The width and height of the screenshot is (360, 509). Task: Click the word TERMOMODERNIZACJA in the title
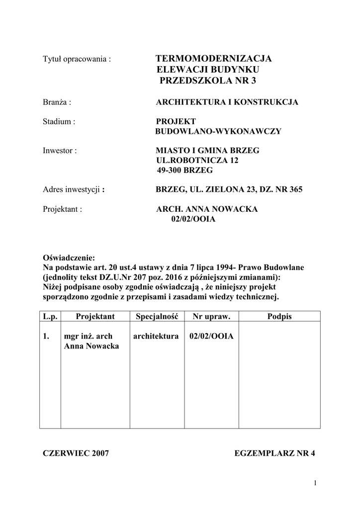click(x=214, y=59)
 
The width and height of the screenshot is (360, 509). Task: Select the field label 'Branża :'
click(x=58, y=102)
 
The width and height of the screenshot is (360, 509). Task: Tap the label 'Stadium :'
click(x=59, y=121)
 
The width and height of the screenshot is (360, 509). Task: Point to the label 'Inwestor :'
click(x=60, y=151)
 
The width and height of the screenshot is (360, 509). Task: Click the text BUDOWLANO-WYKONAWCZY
click(x=218, y=131)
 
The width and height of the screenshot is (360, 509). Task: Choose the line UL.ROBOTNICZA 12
click(x=197, y=161)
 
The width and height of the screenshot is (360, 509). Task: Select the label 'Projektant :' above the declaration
click(x=62, y=209)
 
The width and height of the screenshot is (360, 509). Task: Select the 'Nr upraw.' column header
click(x=210, y=316)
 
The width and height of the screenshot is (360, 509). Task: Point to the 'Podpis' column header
click(x=279, y=316)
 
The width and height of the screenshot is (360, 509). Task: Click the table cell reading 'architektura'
click(x=156, y=337)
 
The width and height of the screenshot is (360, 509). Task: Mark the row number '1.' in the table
click(x=47, y=337)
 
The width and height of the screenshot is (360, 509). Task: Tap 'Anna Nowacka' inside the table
click(x=91, y=346)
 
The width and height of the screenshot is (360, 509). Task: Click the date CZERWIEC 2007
click(x=76, y=453)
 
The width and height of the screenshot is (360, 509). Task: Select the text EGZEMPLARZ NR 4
click(x=274, y=453)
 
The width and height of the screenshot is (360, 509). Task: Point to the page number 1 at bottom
click(x=315, y=483)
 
